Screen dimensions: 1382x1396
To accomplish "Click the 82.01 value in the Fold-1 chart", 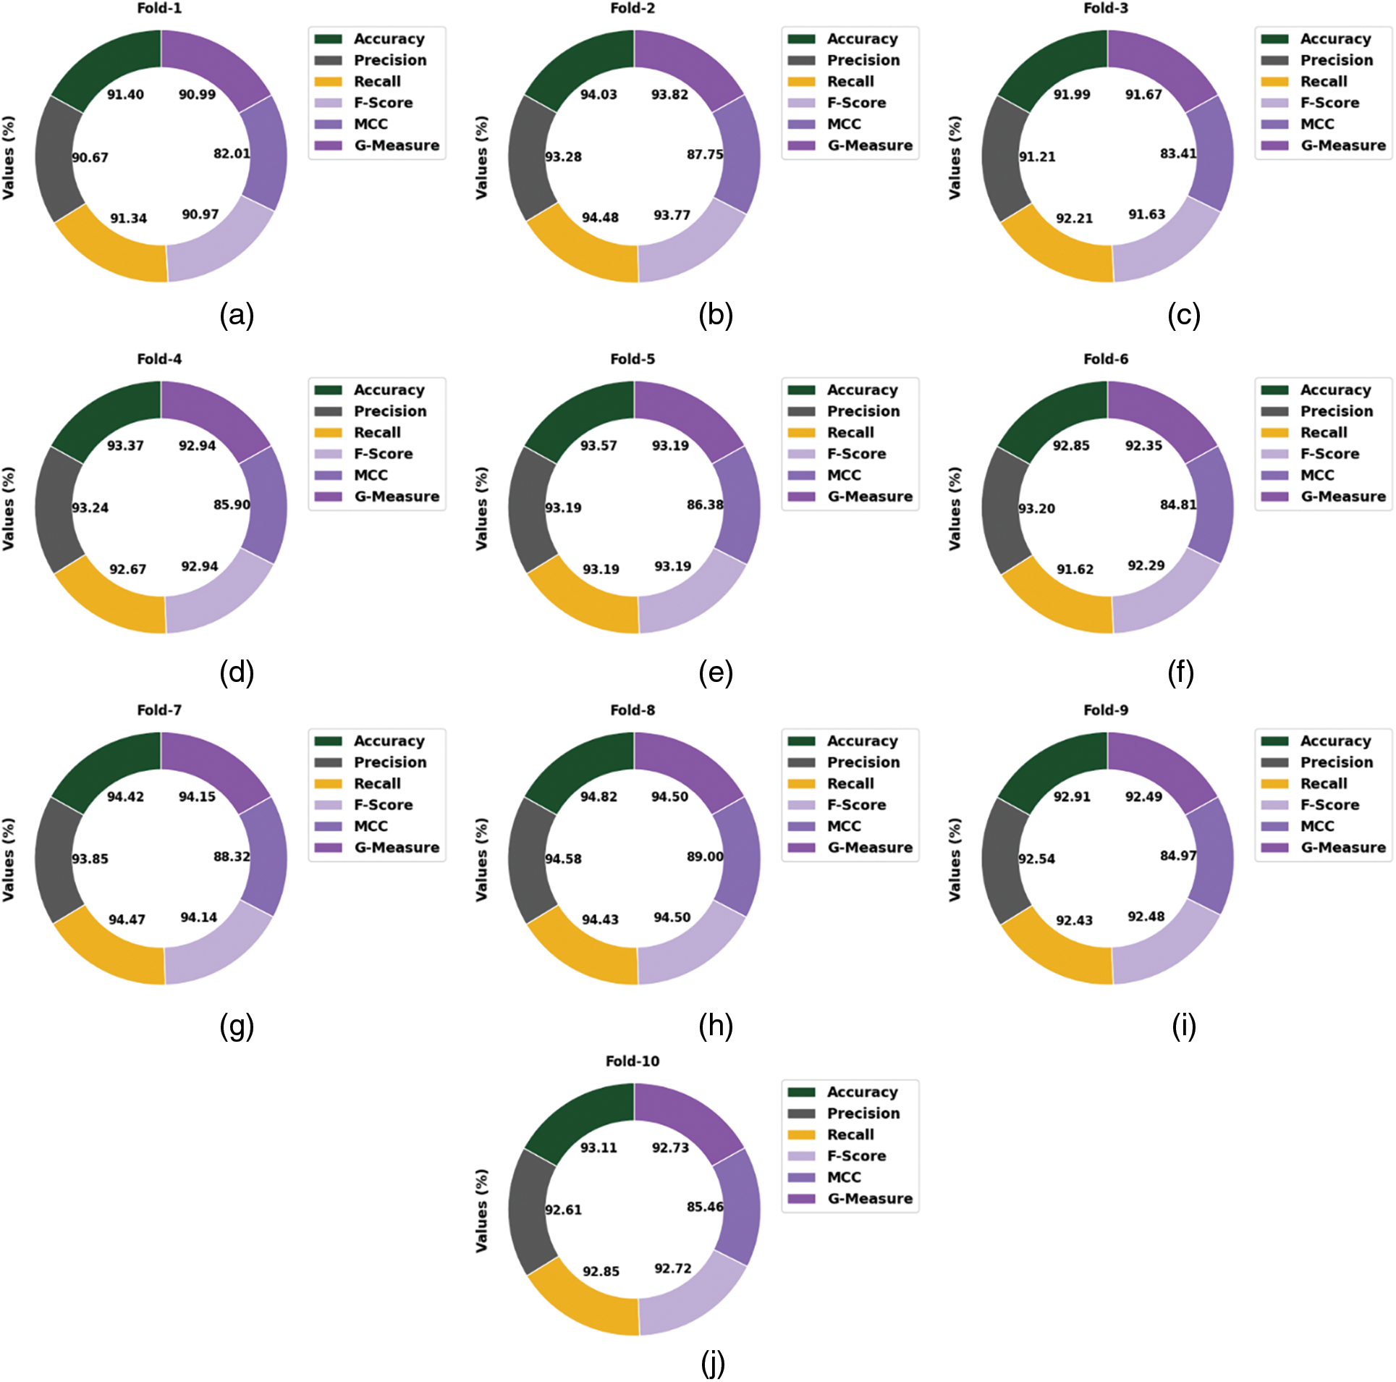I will [x=232, y=153].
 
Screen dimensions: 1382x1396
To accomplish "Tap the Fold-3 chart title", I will [x=1105, y=8].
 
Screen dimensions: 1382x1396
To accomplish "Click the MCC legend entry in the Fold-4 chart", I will [x=370, y=476].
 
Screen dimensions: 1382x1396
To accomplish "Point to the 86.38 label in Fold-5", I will [x=705, y=505].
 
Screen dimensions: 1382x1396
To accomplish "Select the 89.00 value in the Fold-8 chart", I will [x=705, y=856].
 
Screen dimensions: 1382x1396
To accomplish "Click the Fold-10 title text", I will [x=632, y=1061].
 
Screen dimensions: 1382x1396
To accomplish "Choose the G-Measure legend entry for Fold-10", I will [x=869, y=1199].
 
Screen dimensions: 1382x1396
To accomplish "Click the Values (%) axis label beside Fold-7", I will [x=9, y=859].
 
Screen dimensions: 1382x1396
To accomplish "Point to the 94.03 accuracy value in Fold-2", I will [x=598, y=95].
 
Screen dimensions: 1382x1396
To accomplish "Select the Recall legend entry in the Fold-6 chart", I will [x=1323, y=433].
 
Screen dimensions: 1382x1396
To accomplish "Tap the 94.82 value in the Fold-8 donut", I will [x=598, y=797].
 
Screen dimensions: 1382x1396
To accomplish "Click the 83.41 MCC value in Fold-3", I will [x=1178, y=153].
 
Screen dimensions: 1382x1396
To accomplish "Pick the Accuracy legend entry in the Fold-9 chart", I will [x=1334, y=741].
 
